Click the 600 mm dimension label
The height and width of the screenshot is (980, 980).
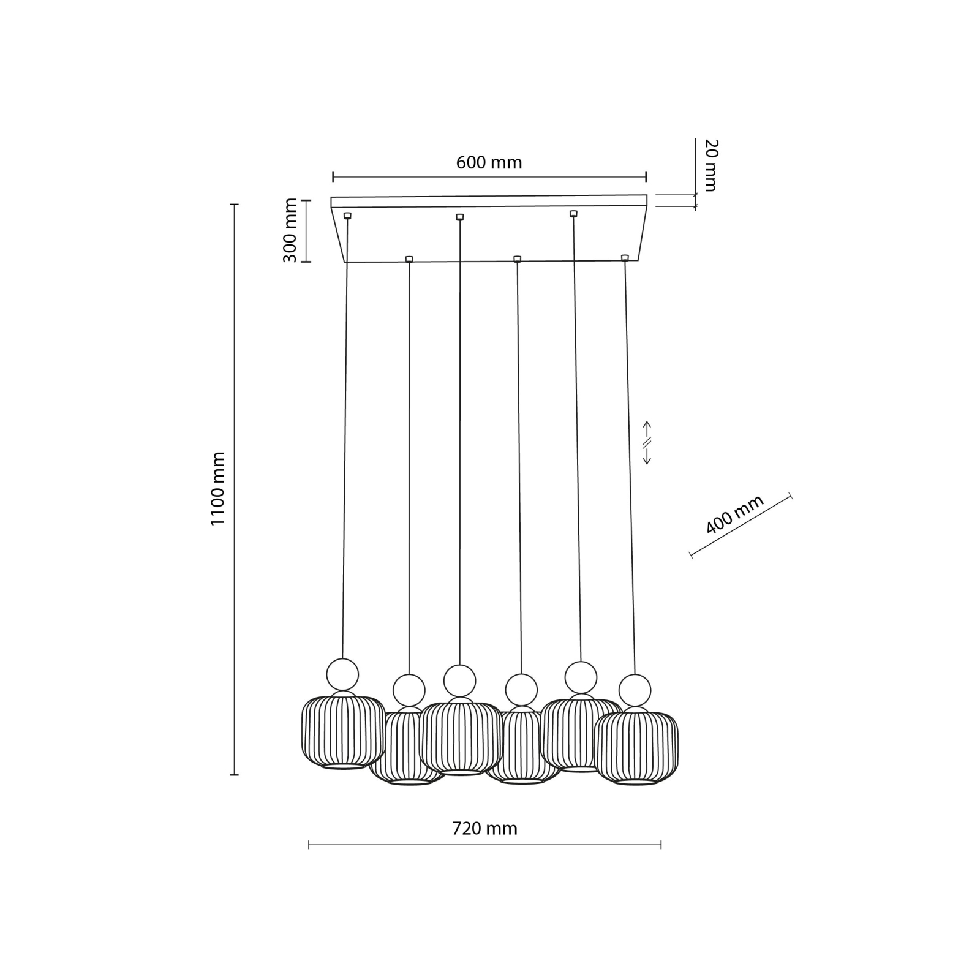(x=489, y=162)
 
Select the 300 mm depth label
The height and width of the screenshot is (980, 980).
(x=290, y=230)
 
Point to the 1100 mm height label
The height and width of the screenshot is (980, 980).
(x=218, y=488)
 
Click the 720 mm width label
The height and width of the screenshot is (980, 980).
(x=484, y=829)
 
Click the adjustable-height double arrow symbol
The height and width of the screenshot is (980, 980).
(x=647, y=442)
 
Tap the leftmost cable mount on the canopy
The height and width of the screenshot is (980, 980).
(x=347, y=216)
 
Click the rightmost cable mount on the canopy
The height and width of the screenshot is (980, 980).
(x=625, y=258)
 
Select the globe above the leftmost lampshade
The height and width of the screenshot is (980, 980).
(x=342, y=674)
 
